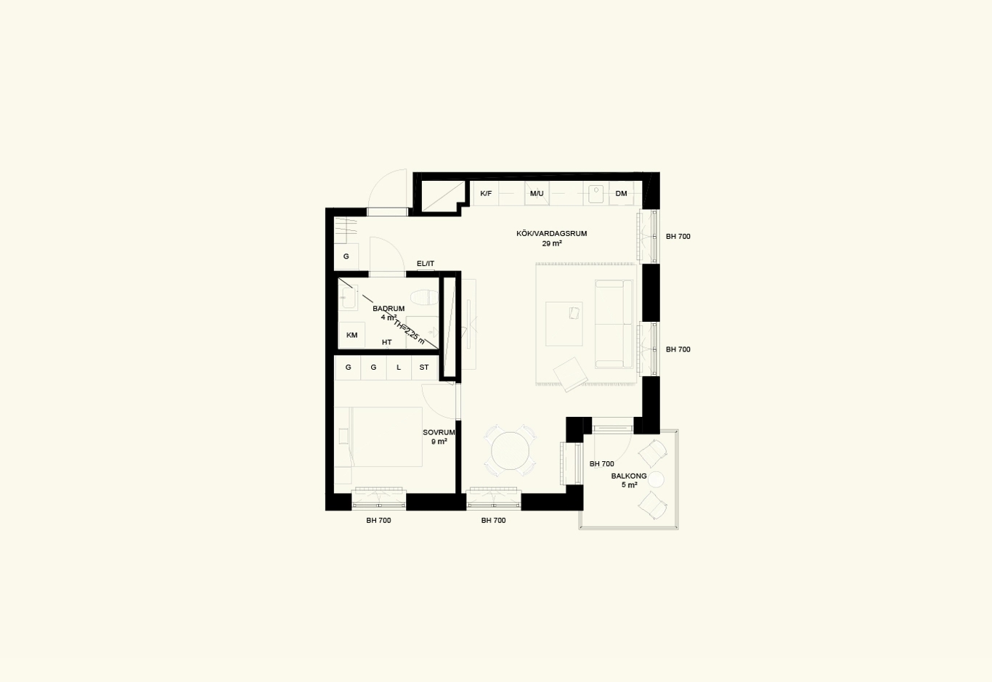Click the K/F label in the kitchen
(486, 193)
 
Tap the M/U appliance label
(537, 193)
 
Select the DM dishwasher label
(622, 193)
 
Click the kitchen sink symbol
(596, 194)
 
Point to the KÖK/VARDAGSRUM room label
(552, 233)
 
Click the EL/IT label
(426, 264)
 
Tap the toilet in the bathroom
(424, 297)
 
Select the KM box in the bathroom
(351, 335)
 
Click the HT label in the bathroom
(386, 342)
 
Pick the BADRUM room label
(389, 309)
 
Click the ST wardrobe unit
(424, 368)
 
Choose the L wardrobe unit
(399, 368)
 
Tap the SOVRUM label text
(439, 433)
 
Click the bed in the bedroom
(386, 437)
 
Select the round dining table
(511, 451)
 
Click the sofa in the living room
(614, 324)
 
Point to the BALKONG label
(629, 476)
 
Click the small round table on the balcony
(656, 479)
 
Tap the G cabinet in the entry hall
(346, 256)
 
